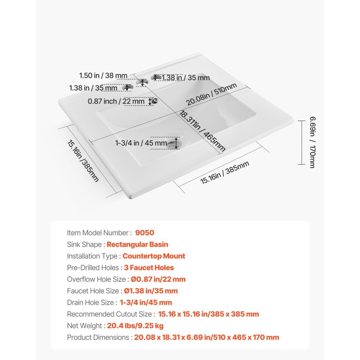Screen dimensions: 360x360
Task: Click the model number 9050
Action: pos(144,233)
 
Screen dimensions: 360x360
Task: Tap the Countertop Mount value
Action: pos(154,256)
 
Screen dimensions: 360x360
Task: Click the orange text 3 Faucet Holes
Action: pos(149,268)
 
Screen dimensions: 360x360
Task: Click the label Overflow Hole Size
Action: pos(93,279)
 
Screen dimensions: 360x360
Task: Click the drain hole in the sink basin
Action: pos(174,143)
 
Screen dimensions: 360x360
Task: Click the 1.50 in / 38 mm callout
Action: pos(103,76)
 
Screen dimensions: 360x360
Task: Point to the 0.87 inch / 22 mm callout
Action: pos(116,101)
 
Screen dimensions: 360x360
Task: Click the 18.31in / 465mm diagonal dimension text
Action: pos(202,131)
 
